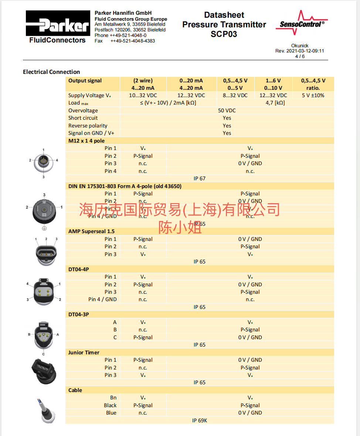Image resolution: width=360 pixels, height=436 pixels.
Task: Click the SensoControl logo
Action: [x=302, y=23]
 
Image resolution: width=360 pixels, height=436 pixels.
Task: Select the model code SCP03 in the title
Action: [x=224, y=34]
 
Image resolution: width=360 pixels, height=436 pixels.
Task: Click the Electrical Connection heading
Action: [x=51, y=72]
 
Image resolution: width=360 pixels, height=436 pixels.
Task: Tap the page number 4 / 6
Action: [x=299, y=57]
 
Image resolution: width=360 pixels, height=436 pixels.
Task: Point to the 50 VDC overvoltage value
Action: [x=227, y=110]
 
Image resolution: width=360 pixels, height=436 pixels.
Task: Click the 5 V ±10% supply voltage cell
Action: [x=313, y=95]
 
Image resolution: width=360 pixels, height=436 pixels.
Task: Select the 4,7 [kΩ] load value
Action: [x=275, y=103]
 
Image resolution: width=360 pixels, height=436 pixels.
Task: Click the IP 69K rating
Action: [x=200, y=420]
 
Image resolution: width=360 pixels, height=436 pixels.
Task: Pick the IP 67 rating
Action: [x=200, y=178]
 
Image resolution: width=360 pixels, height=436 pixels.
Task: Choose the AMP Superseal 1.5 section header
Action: [x=91, y=231]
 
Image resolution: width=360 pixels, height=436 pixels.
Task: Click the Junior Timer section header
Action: [x=84, y=352]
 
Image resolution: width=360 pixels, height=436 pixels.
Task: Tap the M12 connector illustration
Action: [x=44, y=163]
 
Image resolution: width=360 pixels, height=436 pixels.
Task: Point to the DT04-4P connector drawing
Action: [x=44, y=292]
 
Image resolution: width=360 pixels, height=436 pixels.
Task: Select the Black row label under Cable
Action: [x=110, y=405]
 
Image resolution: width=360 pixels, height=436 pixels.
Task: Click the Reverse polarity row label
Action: [x=88, y=126]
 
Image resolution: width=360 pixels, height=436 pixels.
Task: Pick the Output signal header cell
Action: [x=85, y=81]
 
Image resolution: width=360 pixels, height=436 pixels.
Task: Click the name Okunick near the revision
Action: [x=300, y=46]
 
